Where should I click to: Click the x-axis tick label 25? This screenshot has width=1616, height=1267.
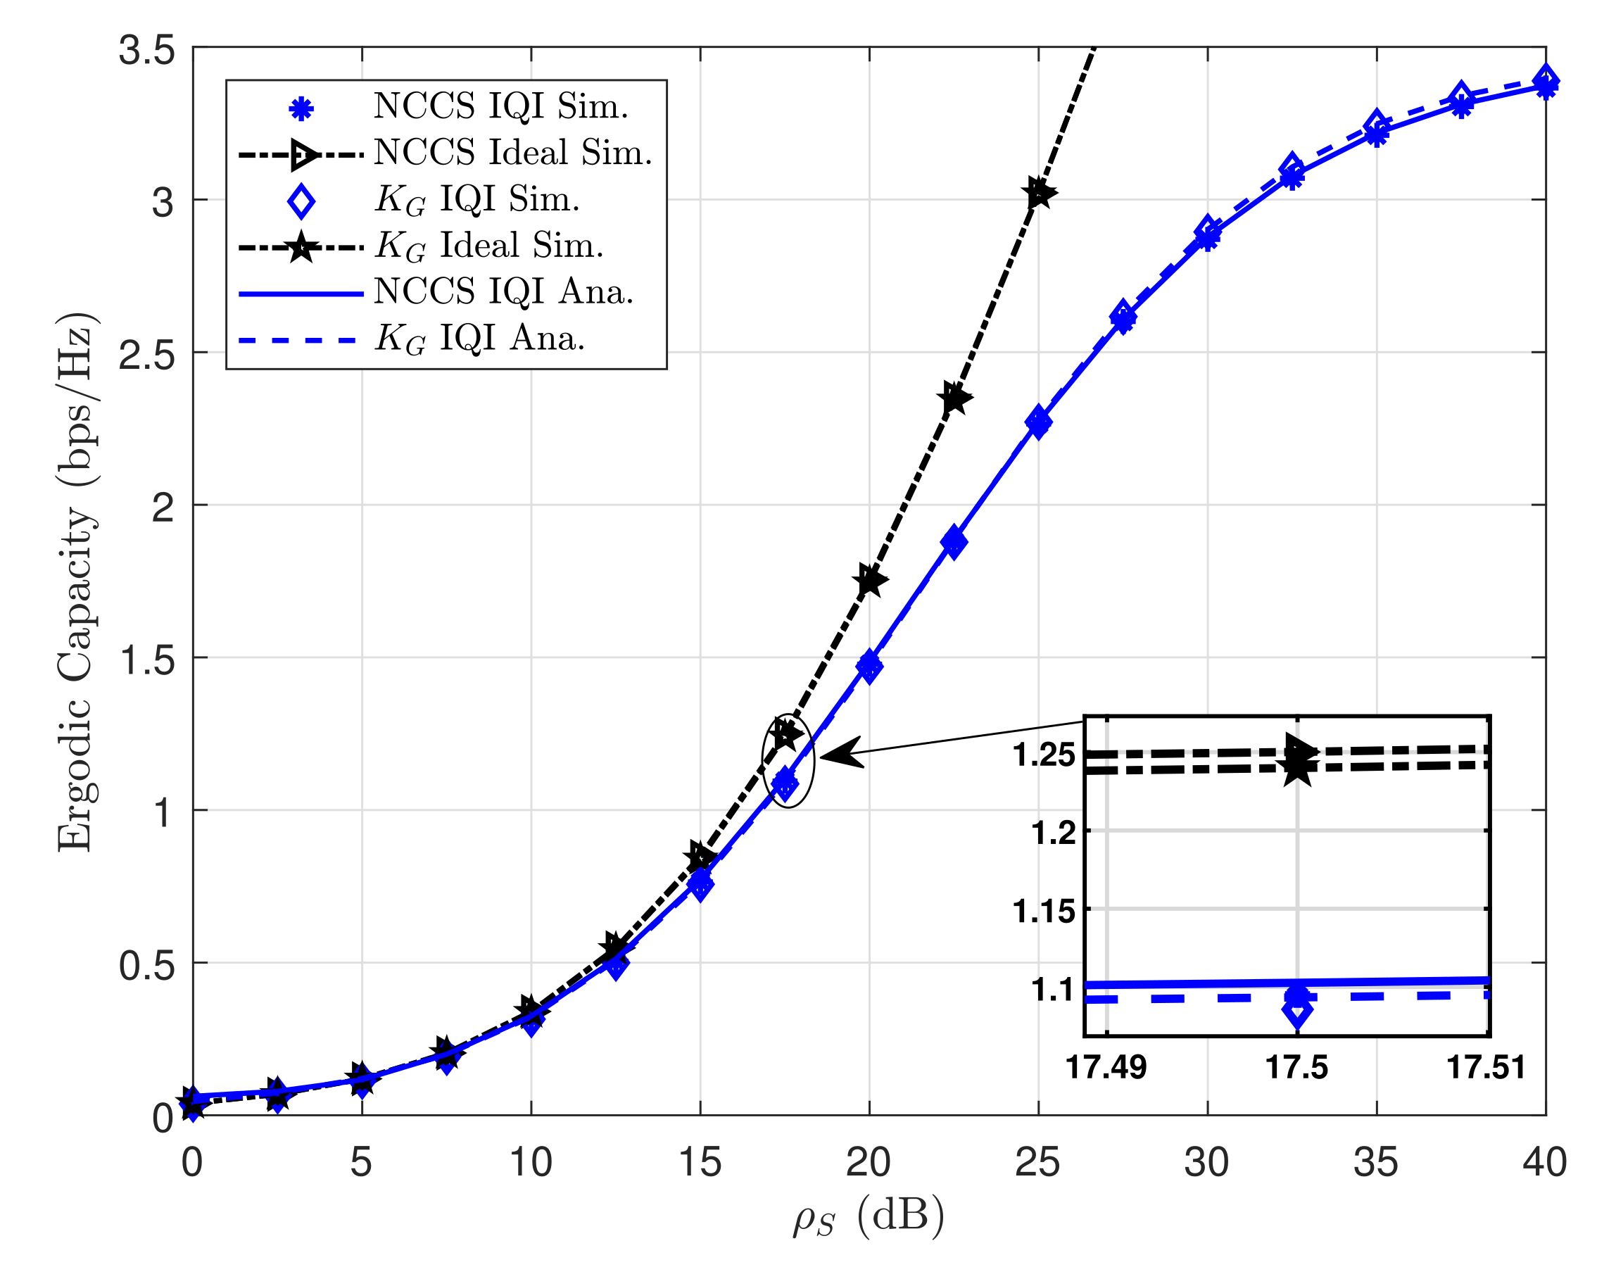[x=1037, y=1162]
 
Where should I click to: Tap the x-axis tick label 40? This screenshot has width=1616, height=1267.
[x=1544, y=1162]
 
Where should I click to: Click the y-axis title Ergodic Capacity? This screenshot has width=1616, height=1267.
[x=77, y=582]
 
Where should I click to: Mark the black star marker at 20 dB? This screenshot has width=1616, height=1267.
[x=870, y=580]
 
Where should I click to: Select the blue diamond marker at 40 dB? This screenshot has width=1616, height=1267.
[x=1546, y=80]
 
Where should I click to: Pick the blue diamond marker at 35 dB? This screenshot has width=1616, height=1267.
[x=1377, y=124]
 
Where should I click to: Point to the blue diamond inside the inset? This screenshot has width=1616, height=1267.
[x=1297, y=1011]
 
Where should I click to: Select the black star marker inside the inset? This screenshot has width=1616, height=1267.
[x=1297, y=767]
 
